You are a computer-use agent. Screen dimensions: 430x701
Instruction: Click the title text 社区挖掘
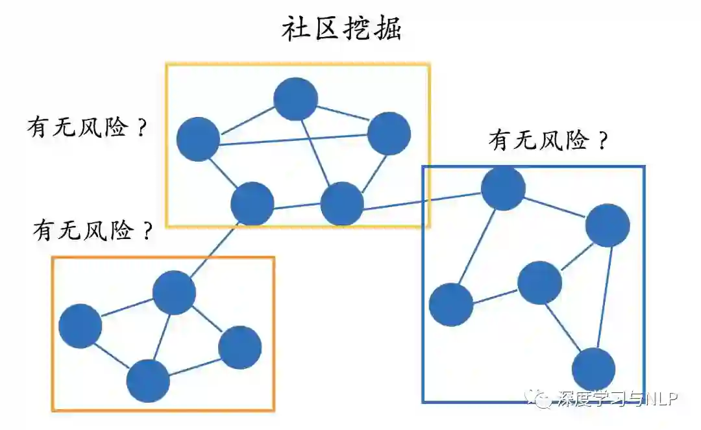point(341,29)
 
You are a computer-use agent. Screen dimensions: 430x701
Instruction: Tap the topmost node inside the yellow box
point(295,99)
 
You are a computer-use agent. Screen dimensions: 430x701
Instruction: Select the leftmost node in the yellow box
point(198,139)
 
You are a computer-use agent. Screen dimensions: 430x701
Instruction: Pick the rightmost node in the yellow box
point(389,133)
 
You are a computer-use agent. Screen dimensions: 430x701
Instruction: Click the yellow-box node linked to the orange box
point(252,204)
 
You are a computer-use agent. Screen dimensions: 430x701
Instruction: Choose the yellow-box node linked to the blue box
point(341,204)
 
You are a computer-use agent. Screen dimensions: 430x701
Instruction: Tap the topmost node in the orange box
point(174,292)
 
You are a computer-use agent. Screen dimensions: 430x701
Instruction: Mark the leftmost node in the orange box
point(80,325)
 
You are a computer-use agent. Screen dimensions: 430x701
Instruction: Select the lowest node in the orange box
point(148,381)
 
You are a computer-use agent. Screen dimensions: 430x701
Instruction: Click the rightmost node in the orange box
point(240,348)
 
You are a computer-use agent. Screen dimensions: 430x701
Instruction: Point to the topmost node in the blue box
point(503,188)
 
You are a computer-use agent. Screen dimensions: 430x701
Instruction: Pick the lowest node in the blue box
point(593,369)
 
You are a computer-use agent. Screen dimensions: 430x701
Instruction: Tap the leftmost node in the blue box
point(451,305)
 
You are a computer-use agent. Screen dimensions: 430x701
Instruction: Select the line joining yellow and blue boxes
point(422,199)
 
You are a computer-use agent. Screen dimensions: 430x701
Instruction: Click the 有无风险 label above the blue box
point(548,140)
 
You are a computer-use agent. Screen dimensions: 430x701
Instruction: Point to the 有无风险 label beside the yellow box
point(86,127)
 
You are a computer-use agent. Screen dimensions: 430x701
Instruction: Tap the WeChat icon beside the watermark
point(539,398)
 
